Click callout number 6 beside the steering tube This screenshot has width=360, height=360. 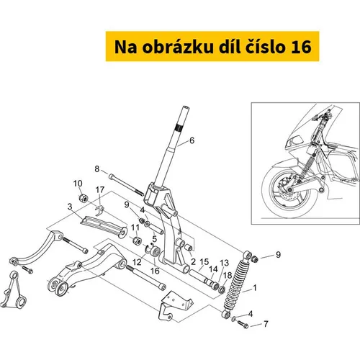[x=192, y=140]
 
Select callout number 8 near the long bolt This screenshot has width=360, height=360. [x=96, y=169]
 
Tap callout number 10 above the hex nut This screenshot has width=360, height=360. [x=78, y=184]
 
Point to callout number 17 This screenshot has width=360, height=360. [x=100, y=189]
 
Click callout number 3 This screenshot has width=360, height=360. [x=70, y=207]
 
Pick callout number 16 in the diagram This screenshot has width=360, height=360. [x=155, y=271]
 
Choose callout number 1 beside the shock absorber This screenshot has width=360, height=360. [x=255, y=287]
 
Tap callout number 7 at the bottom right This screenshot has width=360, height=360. [x=266, y=324]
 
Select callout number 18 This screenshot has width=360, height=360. [x=228, y=275]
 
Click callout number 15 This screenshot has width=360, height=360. [x=204, y=262]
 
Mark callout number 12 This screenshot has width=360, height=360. [x=137, y=262]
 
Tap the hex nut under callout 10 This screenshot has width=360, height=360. [x=84, y=198]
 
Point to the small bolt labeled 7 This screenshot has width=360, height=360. [x=243, y=324]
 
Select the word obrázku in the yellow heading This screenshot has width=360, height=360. [x=178, y=46]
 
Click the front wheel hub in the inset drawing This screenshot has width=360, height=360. [x=290, y=190]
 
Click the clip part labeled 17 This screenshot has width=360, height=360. [x=99, y=210]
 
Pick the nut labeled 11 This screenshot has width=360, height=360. [x=137, y=240]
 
